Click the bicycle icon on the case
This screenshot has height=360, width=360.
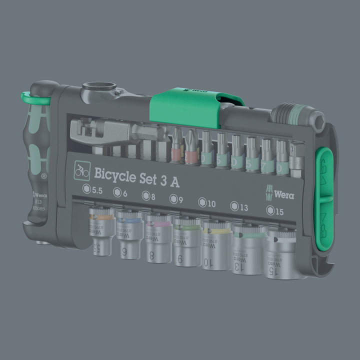point(81,171)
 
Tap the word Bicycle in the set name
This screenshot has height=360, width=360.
point(116,172)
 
